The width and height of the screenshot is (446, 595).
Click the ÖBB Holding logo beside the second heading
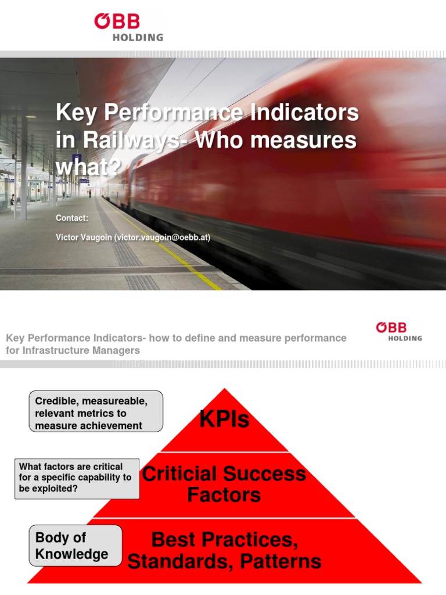398,331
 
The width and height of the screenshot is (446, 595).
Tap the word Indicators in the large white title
305,112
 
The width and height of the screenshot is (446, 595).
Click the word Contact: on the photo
72,218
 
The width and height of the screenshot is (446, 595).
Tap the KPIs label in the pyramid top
224,419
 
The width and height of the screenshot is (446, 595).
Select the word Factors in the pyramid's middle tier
224,495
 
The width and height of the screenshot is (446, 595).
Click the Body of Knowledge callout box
75,546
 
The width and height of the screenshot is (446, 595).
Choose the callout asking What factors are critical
77,478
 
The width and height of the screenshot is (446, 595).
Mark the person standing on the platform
90,192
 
